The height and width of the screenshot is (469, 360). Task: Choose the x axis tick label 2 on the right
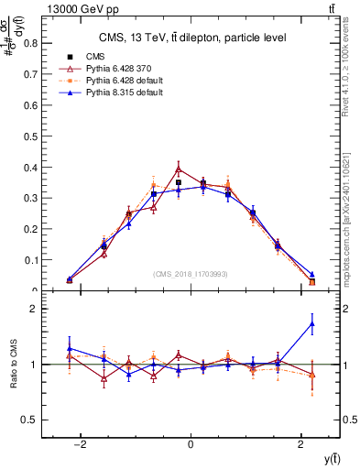[x=301, y=444]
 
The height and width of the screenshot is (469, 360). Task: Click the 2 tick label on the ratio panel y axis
[x=35, y=309]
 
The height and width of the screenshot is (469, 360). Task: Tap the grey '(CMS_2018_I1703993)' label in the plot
[x=191, y=274]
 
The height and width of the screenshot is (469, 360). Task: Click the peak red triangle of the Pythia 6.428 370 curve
[x=179, y=169]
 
